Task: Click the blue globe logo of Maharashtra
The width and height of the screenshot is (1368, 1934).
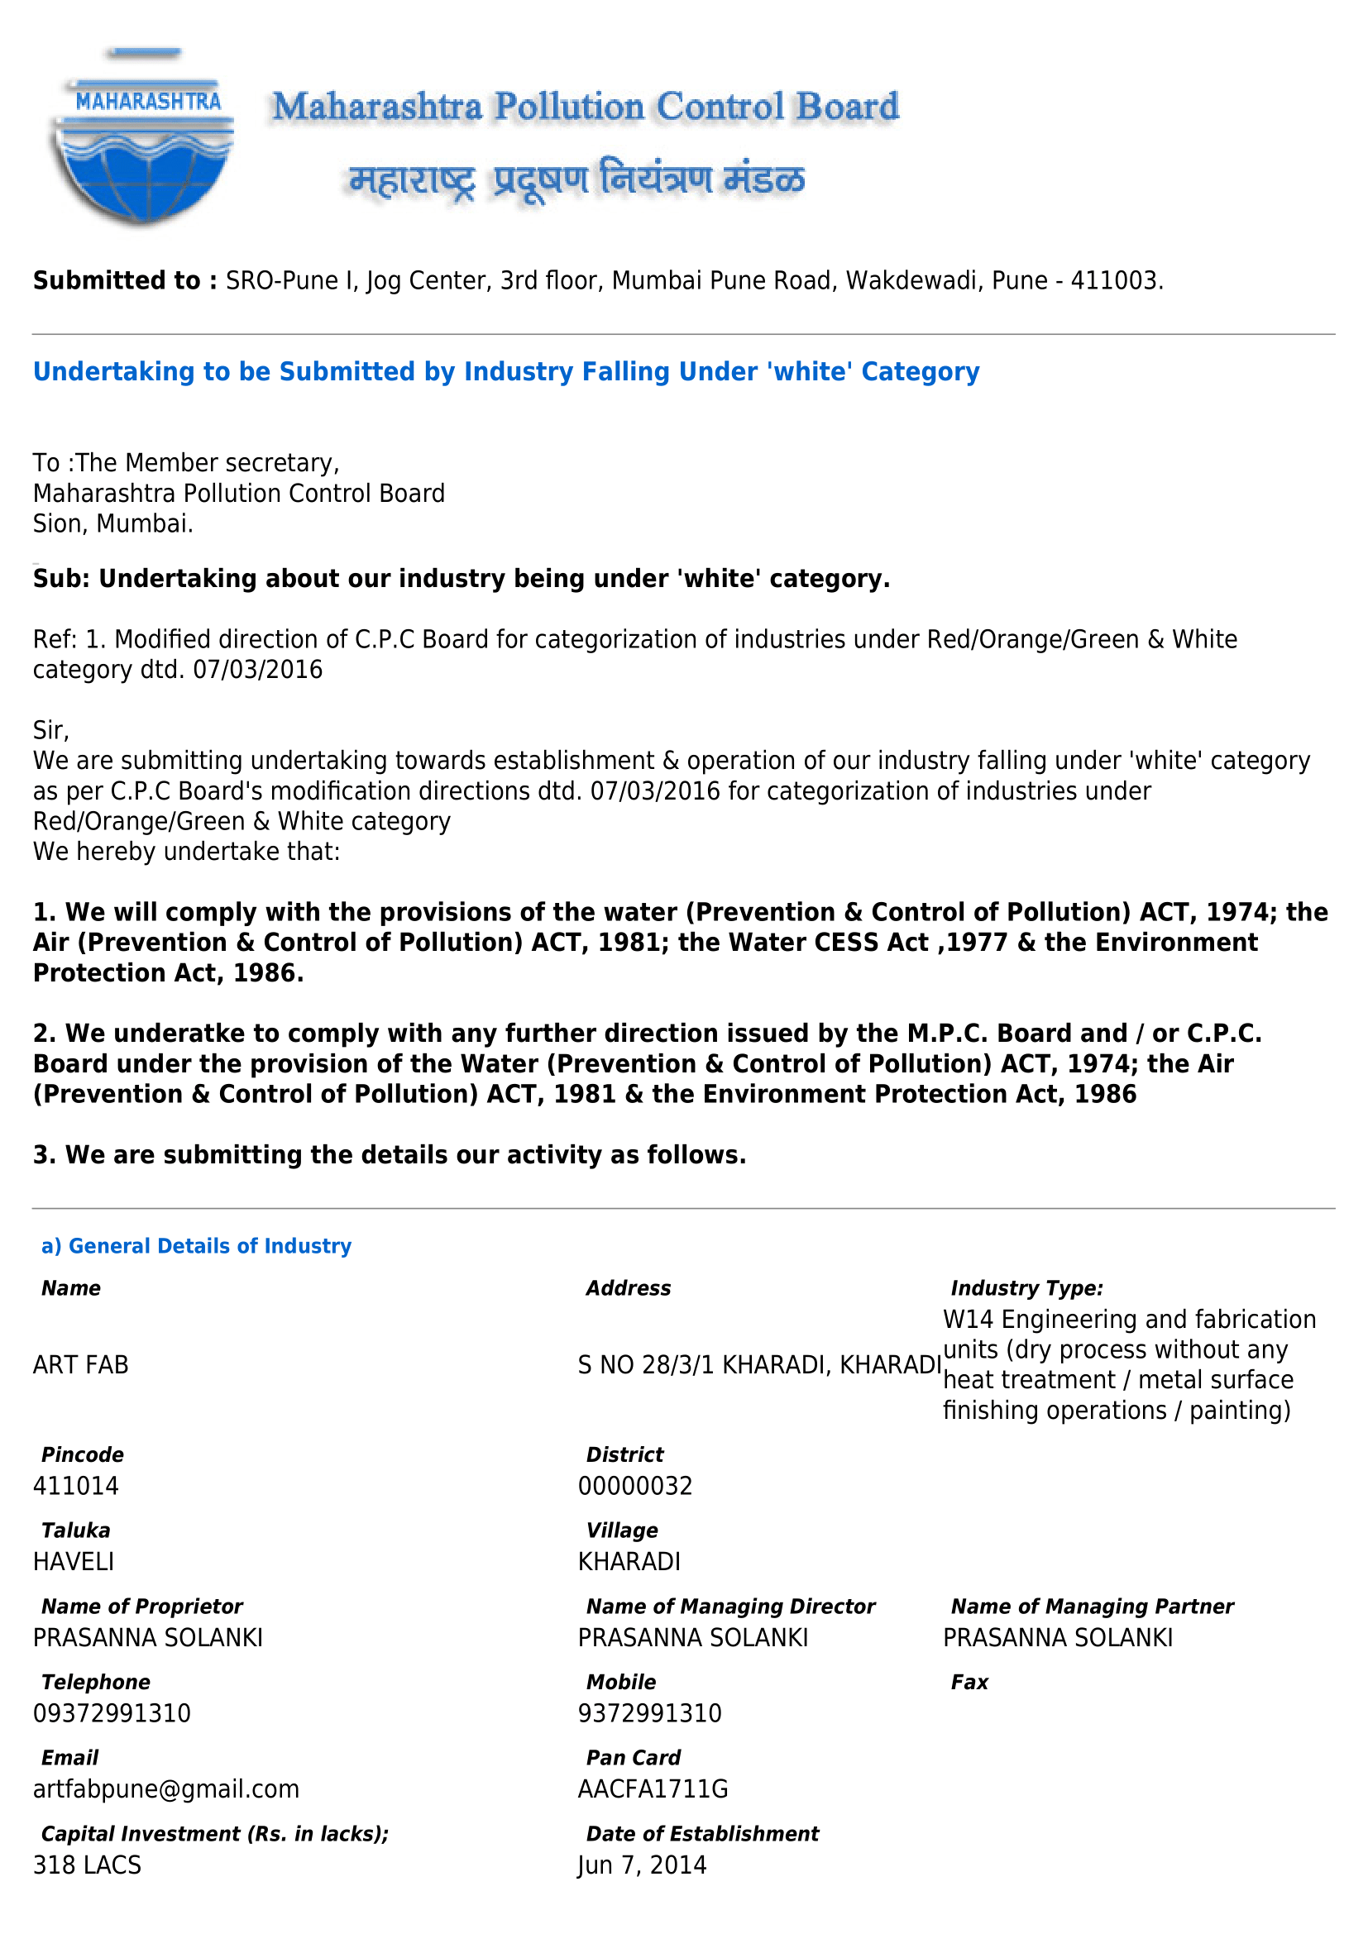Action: pos(143,140)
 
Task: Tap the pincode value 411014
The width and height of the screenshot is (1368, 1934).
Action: pos(76,1485)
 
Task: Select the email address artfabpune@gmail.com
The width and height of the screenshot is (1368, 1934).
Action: pos(166,1788)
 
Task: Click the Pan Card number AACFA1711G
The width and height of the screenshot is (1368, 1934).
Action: pos(653,1788)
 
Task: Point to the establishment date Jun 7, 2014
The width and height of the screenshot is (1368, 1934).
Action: pos(642,1864)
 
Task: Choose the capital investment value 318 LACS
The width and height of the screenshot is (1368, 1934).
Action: pos(87,1864)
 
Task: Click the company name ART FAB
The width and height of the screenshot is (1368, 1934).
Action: pos(81,1363)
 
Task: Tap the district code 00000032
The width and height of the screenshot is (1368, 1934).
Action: pos(635,1485)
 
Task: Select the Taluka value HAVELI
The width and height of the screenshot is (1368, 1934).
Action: pos(74,1561)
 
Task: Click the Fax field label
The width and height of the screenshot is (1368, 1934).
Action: pos(969,1682)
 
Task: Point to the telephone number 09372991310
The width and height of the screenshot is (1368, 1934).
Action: pos(112,1712)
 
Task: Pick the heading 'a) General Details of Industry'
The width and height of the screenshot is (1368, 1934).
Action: pos(196,1246)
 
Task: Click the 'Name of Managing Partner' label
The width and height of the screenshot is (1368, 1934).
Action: pos(1092,1607)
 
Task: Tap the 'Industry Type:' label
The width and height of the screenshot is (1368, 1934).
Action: pos(1027,1288)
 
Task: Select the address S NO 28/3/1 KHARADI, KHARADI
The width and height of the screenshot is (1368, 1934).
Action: pos(759,1363)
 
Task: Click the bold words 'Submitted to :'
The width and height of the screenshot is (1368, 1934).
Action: pos(126,280)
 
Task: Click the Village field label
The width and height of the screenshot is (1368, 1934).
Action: pos(622,1530)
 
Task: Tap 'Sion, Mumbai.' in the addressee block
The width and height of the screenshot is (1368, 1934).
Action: pos(112,523)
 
